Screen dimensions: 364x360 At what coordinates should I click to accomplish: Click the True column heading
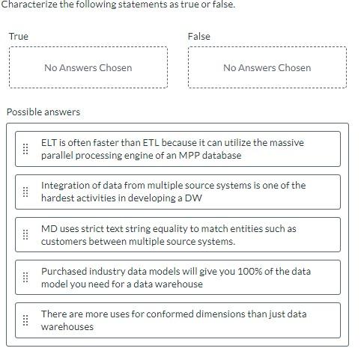(x=18, y=36)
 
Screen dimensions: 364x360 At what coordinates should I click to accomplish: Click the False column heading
(x=198, y=36)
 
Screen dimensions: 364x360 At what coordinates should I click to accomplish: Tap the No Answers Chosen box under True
(x=88, y=67)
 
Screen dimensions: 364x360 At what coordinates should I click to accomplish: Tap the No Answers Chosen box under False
(x=267, y=67)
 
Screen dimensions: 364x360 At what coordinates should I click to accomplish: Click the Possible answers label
(x=43, y=112)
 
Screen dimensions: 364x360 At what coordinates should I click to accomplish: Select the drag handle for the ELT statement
(x=25, y=149)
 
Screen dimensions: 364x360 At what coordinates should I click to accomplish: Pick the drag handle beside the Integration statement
(x=25, y=192)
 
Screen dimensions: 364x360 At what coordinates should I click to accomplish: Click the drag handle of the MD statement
(x=25, y=235)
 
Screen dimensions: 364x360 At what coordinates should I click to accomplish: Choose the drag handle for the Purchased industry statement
(x=25, y=278)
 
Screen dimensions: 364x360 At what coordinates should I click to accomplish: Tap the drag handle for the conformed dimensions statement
(x=25, y=320)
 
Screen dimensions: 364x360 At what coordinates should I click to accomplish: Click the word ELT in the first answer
(x=49, y=142)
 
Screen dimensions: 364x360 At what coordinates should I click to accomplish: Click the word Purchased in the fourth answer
(x=64, y=271)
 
